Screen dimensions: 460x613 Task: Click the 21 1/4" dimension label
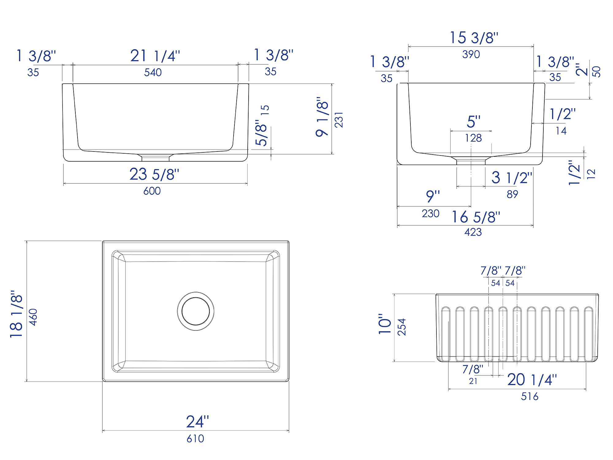pos(155,56)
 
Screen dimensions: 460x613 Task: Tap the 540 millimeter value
pos(153,73)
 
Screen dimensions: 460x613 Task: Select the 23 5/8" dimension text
pos(154,174)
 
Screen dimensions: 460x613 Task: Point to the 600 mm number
pos(152,191)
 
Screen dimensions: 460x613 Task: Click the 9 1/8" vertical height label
pos(322,117)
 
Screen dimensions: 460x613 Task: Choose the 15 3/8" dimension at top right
pos(474,38)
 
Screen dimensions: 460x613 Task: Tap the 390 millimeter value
pos(471,55)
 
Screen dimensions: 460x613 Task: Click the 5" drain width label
pos(474,122)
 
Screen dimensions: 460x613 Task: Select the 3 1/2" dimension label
pos(512,178)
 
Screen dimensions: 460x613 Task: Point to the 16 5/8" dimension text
pos(476,217)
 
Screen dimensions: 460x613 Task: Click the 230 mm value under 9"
pos(430,214)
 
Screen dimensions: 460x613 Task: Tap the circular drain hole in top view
pos(196,311)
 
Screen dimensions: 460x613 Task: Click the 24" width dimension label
pos(197,422)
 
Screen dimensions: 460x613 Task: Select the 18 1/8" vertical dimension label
pos(17,314)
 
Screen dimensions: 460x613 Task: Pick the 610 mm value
pos(195,439)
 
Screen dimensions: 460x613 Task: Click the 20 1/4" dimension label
pos(532,380)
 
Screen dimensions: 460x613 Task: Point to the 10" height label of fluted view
pos(385,324)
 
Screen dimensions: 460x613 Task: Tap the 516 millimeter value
pos(530,397)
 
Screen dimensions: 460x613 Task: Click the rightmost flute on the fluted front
pos(588,334)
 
